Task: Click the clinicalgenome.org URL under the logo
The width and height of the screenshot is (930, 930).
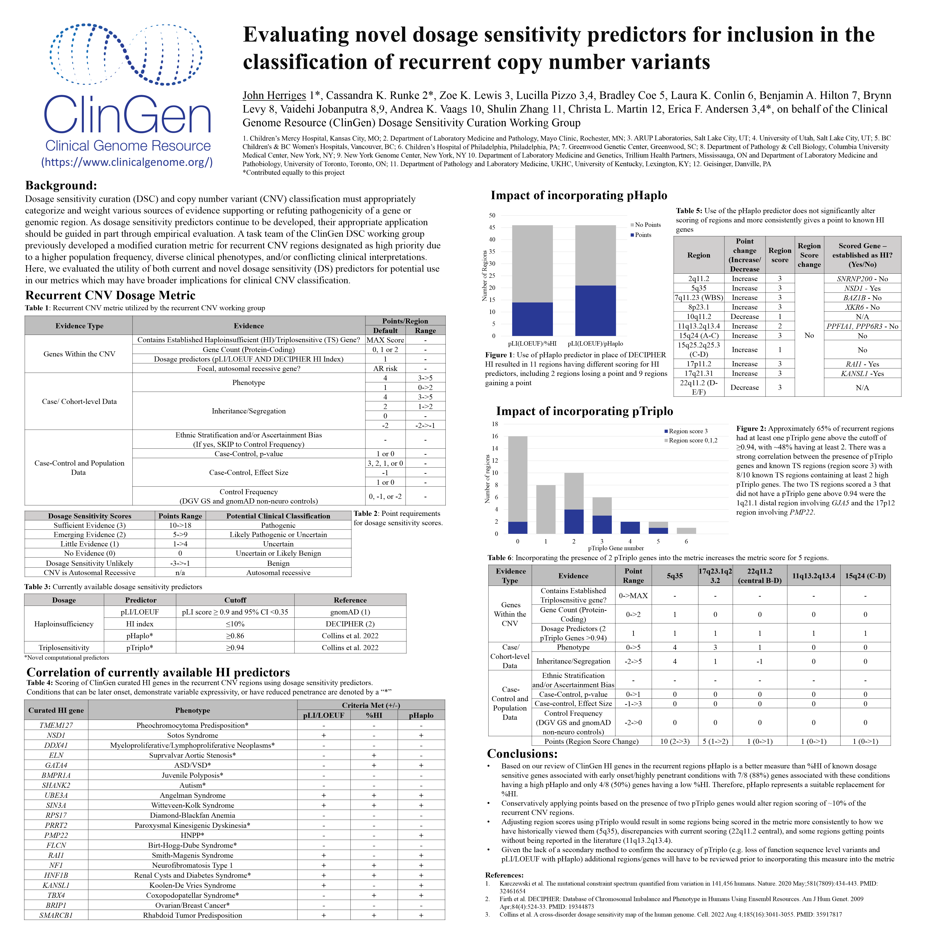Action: (x=127, y=162)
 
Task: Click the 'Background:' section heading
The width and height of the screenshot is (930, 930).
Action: (x=61, y=185)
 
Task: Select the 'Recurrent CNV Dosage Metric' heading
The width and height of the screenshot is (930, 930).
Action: (x=110, y=295)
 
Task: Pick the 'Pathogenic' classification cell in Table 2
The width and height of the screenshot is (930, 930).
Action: (x=278, y=525)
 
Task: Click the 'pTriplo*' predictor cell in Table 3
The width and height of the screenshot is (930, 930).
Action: (x=140, y=647)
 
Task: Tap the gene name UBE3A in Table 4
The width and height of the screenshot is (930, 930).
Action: (x=56, y=795)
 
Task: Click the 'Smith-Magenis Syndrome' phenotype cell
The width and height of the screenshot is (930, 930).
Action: (x=193, y=855)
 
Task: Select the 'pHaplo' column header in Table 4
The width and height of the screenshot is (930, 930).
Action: (x=421, y=715)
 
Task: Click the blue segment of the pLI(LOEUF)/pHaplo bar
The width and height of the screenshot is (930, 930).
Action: (x=596, y=310)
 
